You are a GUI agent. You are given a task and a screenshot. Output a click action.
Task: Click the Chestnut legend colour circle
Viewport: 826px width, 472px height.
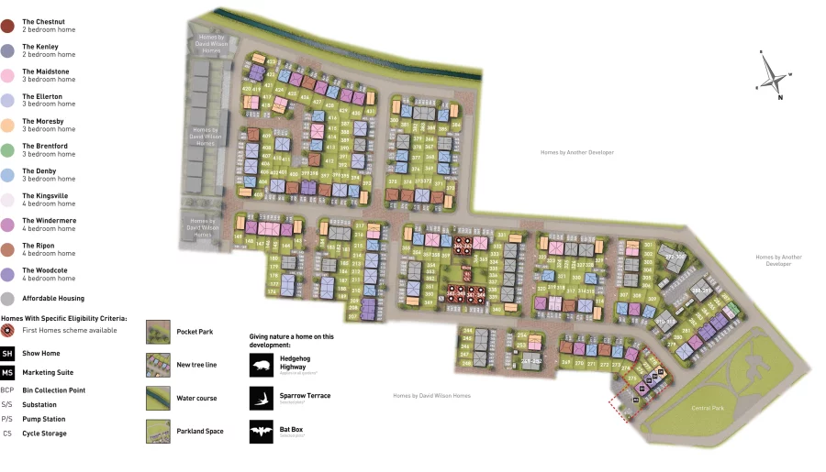point(7,26)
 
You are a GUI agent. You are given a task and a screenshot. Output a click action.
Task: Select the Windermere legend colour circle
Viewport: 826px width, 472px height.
point(7,225)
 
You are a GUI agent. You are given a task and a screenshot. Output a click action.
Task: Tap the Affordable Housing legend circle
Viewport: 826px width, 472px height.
point(7,299)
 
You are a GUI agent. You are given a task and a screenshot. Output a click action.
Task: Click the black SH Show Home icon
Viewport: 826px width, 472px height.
point(7,354)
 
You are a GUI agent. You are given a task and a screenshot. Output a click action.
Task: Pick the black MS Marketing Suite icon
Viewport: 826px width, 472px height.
point(7,373)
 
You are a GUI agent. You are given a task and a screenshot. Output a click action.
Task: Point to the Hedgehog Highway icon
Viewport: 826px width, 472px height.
point(261,365)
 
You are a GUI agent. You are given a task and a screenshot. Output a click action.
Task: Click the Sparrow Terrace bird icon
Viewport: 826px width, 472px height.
point(261,397)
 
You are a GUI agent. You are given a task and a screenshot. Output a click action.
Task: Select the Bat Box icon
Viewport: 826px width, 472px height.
point(261,431)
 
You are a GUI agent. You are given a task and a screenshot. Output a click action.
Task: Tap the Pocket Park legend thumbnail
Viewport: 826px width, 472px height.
point(158,332)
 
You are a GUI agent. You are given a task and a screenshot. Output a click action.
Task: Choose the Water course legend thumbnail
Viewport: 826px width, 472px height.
point(158,398)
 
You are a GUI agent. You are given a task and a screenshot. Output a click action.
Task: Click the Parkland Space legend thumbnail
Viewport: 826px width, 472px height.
point(158,431)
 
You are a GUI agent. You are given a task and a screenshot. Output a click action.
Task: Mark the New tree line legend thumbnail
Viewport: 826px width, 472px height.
point(158,365)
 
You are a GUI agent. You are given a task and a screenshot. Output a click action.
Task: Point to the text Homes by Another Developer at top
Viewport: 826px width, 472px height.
point(576,152)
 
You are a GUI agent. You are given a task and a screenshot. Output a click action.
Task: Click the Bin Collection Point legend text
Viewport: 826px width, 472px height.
point(54,390)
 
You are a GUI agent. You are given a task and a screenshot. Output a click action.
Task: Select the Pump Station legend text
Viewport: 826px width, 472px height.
point(43,419)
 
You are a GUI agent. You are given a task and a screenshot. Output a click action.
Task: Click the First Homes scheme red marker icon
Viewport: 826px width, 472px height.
point(7,330)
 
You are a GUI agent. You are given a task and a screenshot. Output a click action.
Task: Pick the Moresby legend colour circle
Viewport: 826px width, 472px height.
point(7,126)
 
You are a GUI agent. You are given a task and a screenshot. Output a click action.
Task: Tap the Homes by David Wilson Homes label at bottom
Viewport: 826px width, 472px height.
point(431,396)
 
